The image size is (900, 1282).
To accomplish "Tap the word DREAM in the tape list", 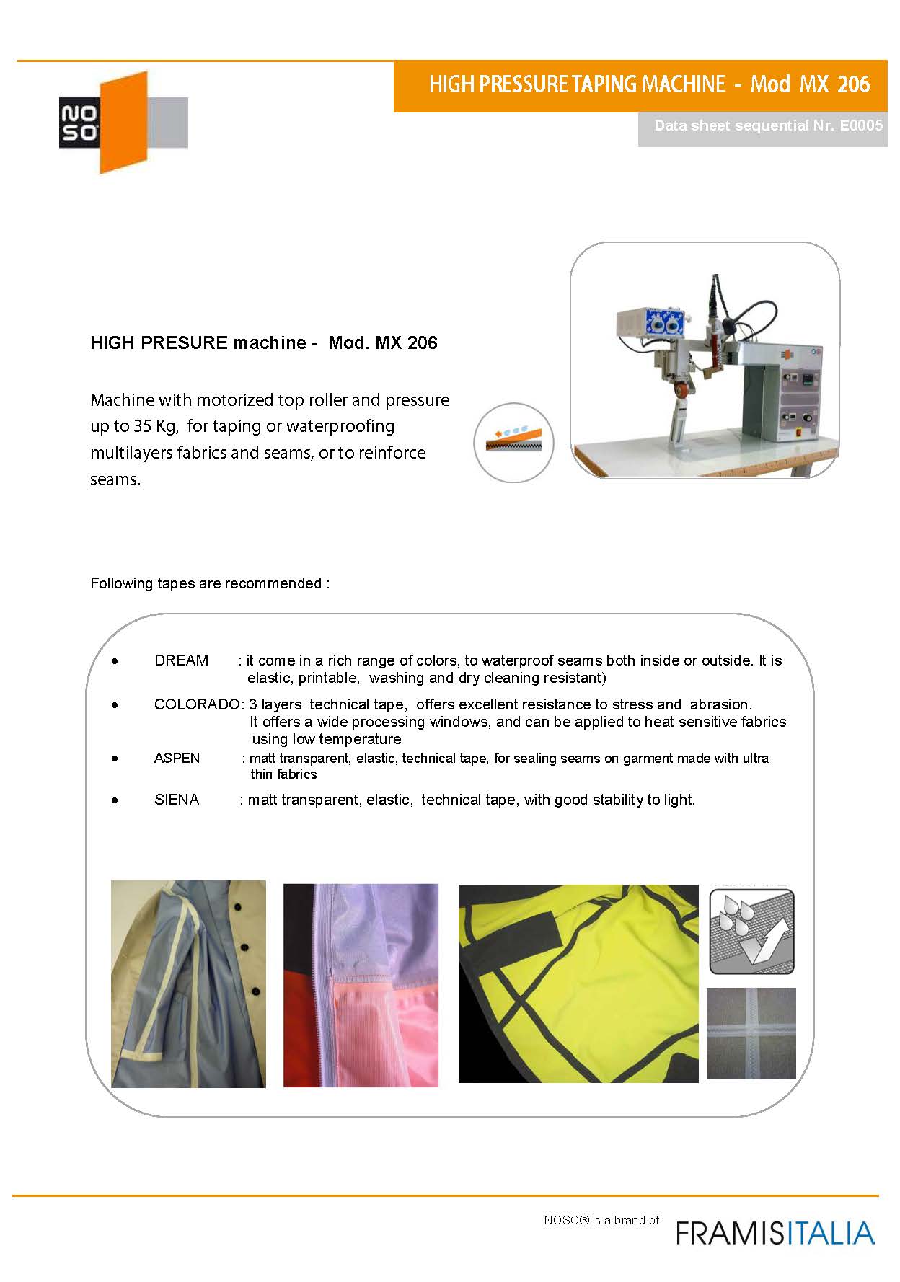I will coord(181,660).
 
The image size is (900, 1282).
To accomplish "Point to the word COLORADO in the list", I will coord(197,704).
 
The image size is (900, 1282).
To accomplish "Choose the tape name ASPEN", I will coord(177,759).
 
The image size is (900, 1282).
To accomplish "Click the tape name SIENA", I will coord(177,800).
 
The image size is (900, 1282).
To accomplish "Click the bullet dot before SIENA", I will coord(115,800).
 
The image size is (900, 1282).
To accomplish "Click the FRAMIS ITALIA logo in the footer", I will coord(775,1232).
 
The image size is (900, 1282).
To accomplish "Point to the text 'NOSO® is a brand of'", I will coord(601,1220).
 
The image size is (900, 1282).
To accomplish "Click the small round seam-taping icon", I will coord(513,442).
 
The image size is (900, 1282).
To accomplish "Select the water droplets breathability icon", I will coord(751,932).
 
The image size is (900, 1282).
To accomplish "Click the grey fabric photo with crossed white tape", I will coord(751,1033).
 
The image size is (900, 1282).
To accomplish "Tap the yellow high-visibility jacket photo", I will coord(578,983).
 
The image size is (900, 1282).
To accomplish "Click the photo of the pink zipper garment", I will coord(361,985).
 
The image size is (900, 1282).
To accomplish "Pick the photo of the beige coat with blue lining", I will coord(188,983).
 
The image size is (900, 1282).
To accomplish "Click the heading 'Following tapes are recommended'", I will coord(209,583).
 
